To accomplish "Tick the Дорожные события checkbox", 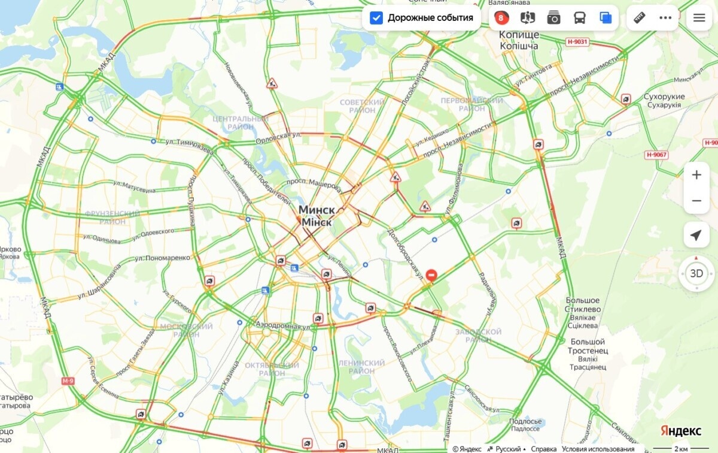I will (376, 18).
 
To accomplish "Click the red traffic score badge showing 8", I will (501, 18).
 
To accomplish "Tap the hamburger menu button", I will (699, 18).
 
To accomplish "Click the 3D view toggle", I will (696, 274).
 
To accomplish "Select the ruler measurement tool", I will (640, 18).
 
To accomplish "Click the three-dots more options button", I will (665, 18).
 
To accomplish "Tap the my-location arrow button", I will (696, 235).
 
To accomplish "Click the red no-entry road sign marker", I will (431, 275).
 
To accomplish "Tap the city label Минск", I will (317, 210).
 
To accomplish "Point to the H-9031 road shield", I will (577, 42).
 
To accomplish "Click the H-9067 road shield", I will (656, 155).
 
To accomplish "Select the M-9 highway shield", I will (68, 381).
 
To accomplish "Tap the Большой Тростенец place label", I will (588, 346).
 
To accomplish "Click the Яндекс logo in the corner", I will (681, 431).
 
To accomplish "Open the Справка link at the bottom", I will (544, 449).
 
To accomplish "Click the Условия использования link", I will (598, 449).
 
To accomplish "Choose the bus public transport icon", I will (580, 18).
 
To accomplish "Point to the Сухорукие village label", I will (664, 96).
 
